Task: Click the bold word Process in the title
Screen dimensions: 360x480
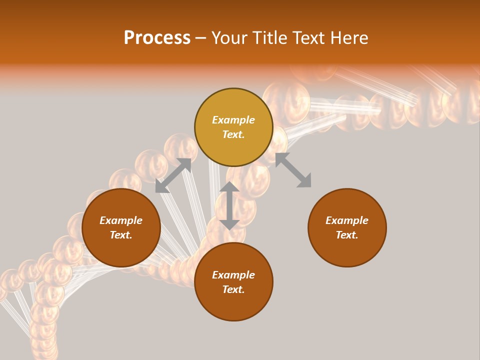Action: pyautogui.click(x=157, y=38)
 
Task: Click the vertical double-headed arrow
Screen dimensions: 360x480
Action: pyautogui.click(x=229, y=205)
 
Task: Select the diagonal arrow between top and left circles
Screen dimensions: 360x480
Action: pyautogui.click(x=173, y=175)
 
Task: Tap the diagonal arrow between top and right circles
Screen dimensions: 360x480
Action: pyautogui.click(x=293, y=170)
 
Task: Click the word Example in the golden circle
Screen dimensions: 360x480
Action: pyautogui.click(x=233, y=120)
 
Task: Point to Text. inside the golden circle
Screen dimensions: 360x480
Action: pyautogui.click(x=233, y=135)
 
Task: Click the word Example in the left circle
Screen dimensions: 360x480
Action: pyautogui.click(x=121, y=220)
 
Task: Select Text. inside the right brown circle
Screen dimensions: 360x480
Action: pyautogui.click(x=347, y=235)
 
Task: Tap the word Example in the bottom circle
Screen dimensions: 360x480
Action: pyautogui.click(x=233, y=275)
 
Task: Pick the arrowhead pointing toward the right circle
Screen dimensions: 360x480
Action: pyautogui.click(x=304, y=181)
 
